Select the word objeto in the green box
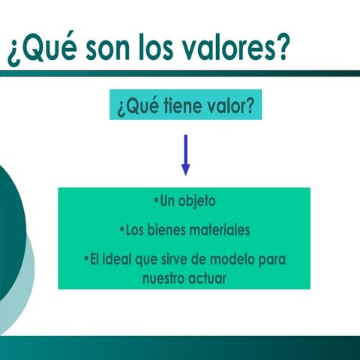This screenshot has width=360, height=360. pos(196,202)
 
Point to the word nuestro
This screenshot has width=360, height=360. pos(163,277)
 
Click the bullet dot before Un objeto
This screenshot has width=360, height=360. pos(156,201)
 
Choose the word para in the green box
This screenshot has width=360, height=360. pos(272,259)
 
